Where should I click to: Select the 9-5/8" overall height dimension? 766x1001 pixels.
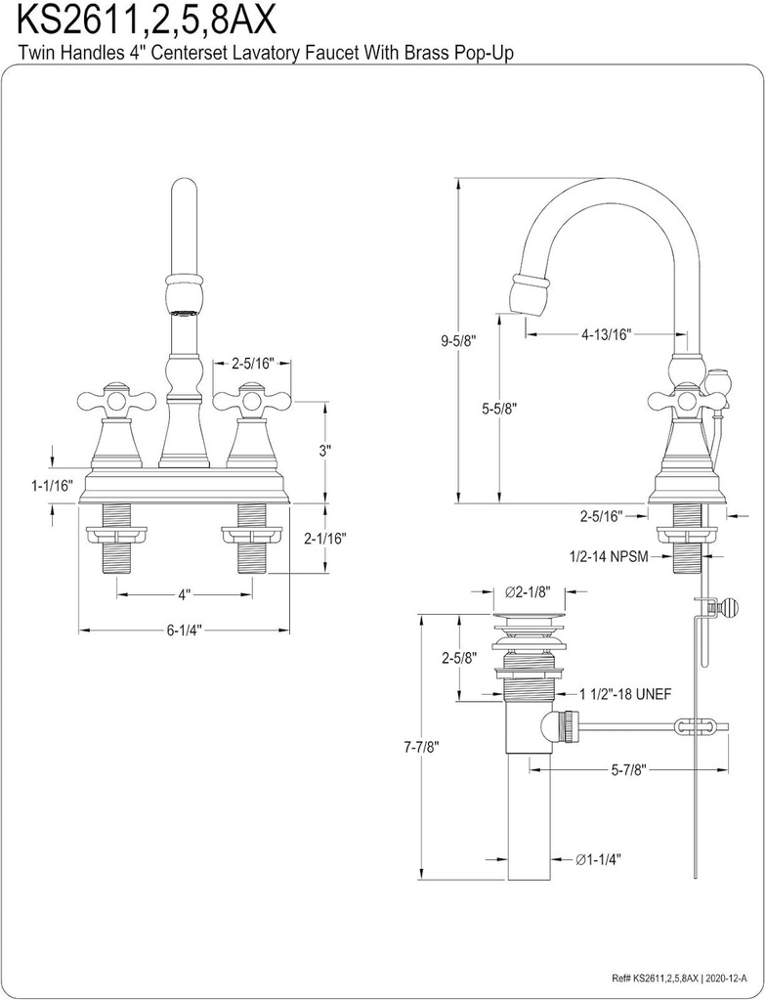pos(458,340)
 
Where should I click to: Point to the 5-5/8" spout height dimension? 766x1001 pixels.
pos(498,412)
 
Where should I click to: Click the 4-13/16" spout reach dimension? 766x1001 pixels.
pos(606,334)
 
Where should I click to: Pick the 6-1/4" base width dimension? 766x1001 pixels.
pos(185,631)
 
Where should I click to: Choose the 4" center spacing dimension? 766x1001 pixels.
pos(184,593)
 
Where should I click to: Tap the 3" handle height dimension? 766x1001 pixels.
pos(326,451)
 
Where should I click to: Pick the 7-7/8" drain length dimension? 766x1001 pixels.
pos(419,747)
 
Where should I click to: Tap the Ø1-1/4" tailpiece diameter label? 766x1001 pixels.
pos(598,859)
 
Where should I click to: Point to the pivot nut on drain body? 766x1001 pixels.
pos(561,726)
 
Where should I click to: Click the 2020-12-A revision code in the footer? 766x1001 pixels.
pos(724,977)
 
